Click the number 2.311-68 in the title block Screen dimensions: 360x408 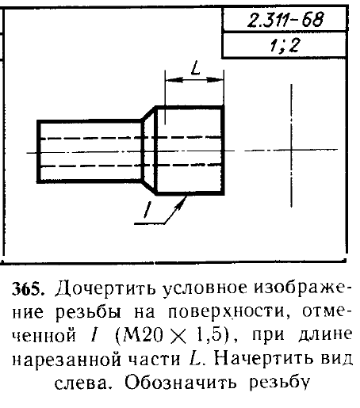click(285, 20)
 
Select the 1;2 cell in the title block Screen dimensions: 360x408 click(284, 44)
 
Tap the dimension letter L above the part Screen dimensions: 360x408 click(195, 68)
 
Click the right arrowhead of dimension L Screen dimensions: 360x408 click(216, 80)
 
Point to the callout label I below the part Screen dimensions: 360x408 click(147, 210)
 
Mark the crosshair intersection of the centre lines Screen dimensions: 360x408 click(291, 150)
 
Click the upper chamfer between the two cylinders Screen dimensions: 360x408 click(148, 113)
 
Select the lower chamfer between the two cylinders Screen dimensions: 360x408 click(148, 187)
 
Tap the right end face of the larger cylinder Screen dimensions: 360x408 click(223, 151)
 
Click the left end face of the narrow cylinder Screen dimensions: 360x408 click(39, 151)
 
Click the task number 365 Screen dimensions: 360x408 click(26, 290)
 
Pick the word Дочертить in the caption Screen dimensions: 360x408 click(105, 288)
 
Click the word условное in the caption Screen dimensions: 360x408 click(205, 289)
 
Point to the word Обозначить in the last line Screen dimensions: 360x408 click(181, 383)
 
